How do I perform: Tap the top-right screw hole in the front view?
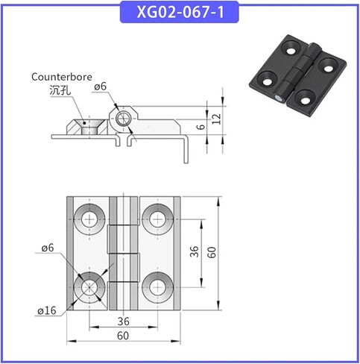[157, 219]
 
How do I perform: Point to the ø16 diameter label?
[47, 310]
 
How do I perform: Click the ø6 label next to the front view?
[47, 247]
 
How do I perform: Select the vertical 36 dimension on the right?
[194, 252]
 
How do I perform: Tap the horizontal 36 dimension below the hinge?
[124, 321]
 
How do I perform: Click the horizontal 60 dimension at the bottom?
[124, 336]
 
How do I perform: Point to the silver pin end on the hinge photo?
[278, 98]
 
